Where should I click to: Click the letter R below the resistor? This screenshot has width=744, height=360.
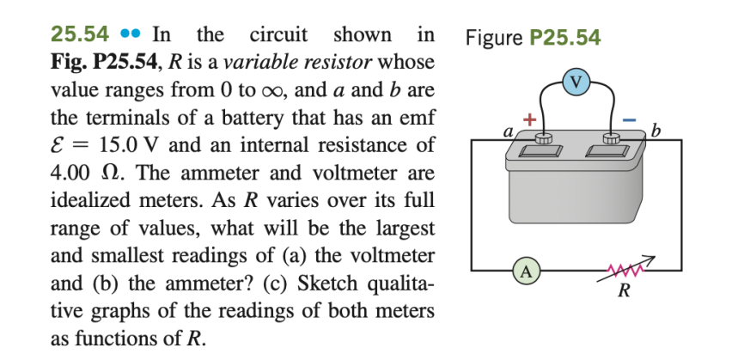625,290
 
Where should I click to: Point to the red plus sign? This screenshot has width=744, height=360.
530,119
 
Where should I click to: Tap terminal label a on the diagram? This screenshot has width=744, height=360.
508,132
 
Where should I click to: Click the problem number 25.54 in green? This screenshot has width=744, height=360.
80,35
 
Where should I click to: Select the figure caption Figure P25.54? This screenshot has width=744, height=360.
532,38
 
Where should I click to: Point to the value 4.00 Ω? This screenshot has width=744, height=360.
84,172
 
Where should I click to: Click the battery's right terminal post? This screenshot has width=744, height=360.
611,137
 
